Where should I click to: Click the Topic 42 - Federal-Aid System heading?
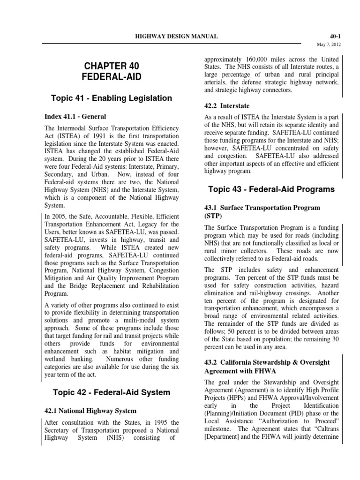(111, 392)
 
